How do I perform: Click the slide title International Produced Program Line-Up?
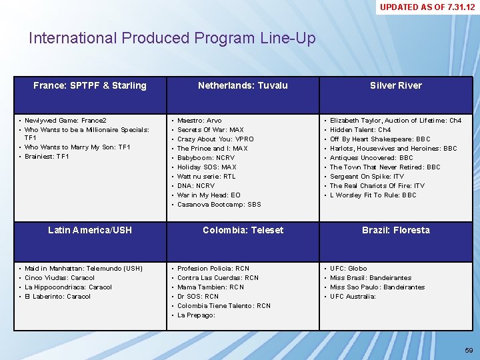click(x=172, y=38)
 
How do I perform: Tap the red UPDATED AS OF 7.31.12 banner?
click(x=427, y=7)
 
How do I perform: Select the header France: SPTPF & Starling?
click(x=90, y=85)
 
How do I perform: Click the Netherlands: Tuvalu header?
click(x=243, y=85)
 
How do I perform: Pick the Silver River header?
click(x=396, y=85)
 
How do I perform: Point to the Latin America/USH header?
click(x=90, y=230)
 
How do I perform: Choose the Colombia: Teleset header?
click(x=243, y=230)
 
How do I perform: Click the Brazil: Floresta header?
click(x=396, y=230)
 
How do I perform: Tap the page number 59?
click(x=469, y=351)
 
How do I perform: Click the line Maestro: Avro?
click(x=199, y=121)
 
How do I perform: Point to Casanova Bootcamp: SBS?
click(x=219, y=205)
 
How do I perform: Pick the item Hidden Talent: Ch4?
click(x=360, y=130)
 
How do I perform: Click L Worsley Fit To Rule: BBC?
click(x=373, y=195)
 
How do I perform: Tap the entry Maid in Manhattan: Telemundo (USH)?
click(x=83, y=269)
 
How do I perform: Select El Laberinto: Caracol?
click(x=57, y=297)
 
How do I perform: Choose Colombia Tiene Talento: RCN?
click(x=223, y=306)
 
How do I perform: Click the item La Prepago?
click(x=196, y=315)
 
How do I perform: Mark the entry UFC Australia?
click(x=353, y=297)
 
